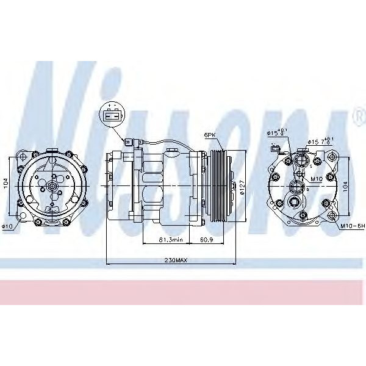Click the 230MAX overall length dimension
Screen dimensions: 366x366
[176, 260]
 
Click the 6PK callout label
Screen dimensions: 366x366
[209, 135]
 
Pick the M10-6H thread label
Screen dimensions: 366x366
[353, 226]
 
